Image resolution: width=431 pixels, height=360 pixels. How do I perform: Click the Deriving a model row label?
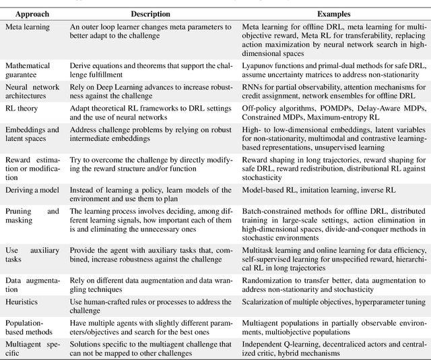(x=33, y=191)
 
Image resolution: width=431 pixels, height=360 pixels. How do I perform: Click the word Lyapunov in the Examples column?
(x=259, y=65)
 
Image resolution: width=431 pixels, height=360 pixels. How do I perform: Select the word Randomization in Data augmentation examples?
(x=267, y=278)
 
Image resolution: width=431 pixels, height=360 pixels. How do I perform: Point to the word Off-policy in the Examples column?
(x=259, y=107)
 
